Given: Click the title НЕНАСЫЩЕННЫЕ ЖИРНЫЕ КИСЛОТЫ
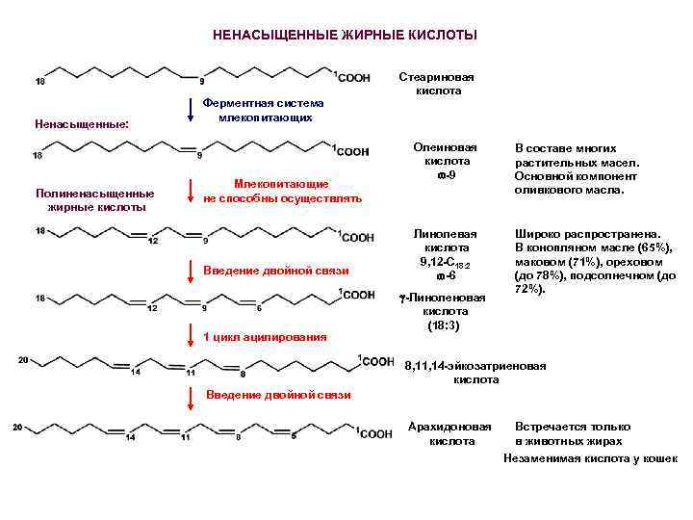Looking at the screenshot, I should tap(344, 36).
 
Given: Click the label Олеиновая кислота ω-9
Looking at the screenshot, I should tap(445, 162).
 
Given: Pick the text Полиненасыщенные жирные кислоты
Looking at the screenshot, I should tap(93, 199).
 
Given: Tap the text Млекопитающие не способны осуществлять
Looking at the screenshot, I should tap(282, 191).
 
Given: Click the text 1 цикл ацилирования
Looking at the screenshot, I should tap(265, 336).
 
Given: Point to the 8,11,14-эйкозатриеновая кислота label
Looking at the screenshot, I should tap(475, 373).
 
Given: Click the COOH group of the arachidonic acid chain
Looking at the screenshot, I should tap(376, 434).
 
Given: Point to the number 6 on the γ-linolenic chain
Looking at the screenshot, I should tap(258, 308).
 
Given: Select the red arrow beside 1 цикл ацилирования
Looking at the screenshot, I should tap(192, 333).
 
